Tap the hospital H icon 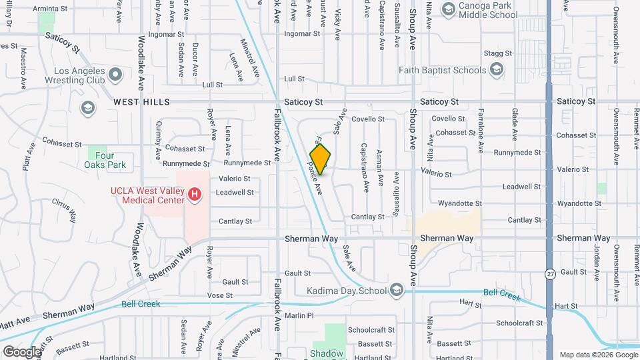(x=195, y=195)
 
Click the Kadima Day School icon (x=397, y=290)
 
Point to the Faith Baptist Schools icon (x=495, y=69)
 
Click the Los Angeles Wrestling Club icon (x=115, y=75)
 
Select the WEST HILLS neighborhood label (x=141, y=102)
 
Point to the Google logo (x=21, y=351)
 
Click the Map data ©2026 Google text (x=598, y=355)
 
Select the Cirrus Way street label (x=64, y=207)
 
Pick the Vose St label (x=219, y=295)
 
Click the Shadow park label (x=327, y=353)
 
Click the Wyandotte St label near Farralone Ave (x=460, y=203)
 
